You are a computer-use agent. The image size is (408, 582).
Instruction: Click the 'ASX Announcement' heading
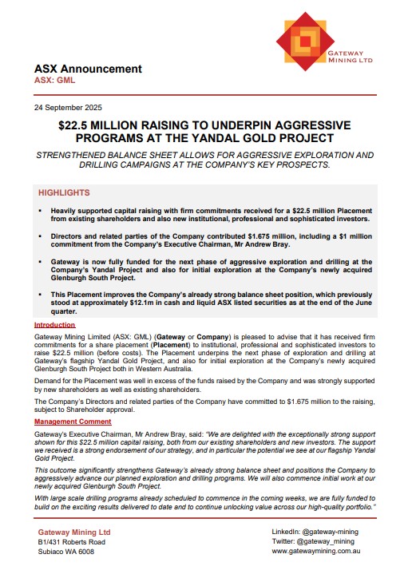pyautogui.click(x=88, y=69)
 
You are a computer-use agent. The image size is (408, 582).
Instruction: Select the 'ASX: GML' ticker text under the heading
pyautogui.click(x=55, y=81)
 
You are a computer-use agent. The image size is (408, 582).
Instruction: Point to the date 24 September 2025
pyautogui.click(x=68, y=107)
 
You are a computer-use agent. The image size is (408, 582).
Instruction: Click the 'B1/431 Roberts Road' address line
pyautogui.click(x=72, y=542)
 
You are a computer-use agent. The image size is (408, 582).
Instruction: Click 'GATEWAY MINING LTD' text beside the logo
pyautogui.click(x=357, y=54)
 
